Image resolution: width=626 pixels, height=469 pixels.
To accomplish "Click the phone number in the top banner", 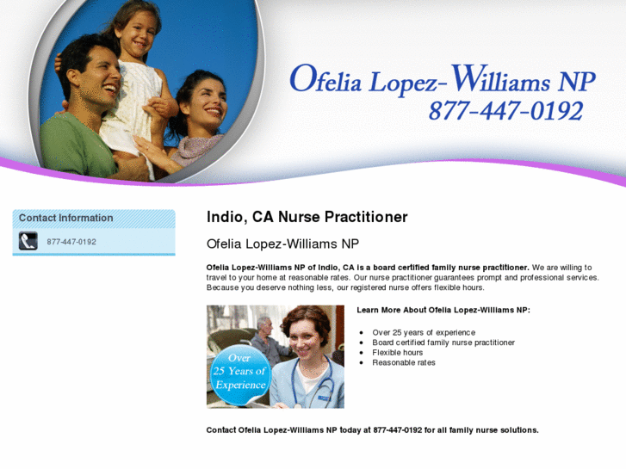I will (505, 111).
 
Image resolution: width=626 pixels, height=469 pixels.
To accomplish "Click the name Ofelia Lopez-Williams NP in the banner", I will (442, 79).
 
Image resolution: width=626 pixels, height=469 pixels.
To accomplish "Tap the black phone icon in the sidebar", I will (28, 242).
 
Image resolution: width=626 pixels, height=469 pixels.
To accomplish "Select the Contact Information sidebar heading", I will (65, 219).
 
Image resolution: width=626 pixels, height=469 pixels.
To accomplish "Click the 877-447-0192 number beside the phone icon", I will (71, 242).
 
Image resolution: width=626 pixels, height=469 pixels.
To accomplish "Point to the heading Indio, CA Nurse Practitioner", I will (307, 217).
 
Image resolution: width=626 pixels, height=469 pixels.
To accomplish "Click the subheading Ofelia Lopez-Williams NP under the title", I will (282, 244).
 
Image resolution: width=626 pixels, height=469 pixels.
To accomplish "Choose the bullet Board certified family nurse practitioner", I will (443, 342).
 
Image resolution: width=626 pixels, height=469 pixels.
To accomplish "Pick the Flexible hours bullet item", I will (397, 353).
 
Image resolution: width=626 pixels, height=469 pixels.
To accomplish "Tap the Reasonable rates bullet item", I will (403, 362).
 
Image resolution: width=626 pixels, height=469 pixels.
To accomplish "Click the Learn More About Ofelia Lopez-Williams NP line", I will (443, 310).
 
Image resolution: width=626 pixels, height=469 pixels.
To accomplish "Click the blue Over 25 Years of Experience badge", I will (240, 372).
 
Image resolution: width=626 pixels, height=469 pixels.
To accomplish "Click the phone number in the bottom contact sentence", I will (398, 429).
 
